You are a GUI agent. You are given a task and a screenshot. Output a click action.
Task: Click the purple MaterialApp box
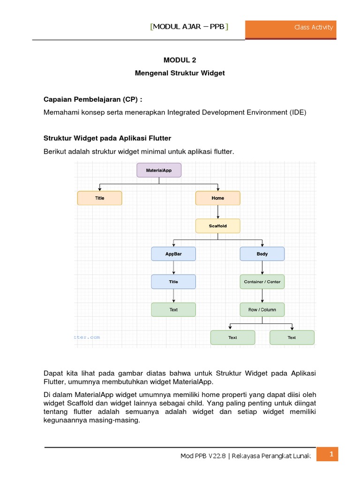click(x=159, y=170)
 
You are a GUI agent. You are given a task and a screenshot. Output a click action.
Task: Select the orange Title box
click(x=99, y=198)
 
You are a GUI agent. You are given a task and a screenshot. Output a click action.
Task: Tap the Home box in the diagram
click(x=217, y=198)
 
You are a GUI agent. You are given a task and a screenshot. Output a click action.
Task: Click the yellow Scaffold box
click(x=217, y=226)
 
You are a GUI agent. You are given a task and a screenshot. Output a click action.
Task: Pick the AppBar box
click(x=173, y=254)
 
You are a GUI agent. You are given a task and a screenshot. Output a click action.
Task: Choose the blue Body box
click(x=262, y=254)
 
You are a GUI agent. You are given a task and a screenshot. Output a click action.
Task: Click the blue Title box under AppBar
click(x=173, y=282)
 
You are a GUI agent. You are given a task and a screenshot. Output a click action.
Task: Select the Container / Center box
click(x=262, y=282)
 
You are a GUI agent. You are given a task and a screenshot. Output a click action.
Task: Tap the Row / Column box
click(x=262, y=309)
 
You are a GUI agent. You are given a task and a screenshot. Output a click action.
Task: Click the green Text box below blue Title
click(x=173, y=309)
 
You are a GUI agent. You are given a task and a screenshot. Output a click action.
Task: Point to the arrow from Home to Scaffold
click(x=217, y=212)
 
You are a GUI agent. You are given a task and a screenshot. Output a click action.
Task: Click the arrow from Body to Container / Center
click(x=262, y=268)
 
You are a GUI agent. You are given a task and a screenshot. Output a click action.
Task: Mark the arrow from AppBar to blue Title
click(x=173, y=268)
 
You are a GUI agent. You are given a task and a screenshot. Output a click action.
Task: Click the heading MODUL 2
click(x=180, y=60)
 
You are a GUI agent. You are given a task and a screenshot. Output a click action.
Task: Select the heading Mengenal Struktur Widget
click(x=180, y=73)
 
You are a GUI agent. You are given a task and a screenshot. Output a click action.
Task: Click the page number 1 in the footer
click(x=331, y=454)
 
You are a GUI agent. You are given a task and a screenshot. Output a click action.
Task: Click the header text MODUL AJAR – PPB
click(x=189, y=27)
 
